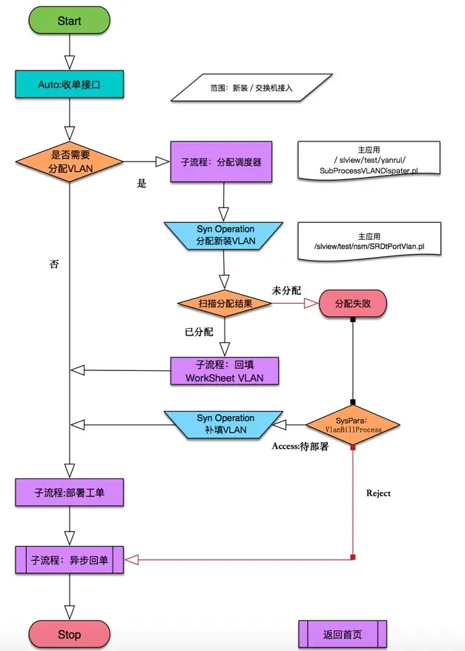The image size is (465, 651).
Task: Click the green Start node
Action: (x=69, y=21)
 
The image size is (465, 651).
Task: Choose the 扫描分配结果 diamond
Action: (x=223, y=304)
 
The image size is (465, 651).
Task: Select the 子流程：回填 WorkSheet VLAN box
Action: (x=224, y=371)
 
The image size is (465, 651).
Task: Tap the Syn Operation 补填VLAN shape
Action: (x=225, y=424)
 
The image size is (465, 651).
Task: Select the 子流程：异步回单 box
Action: (x=69, y=560)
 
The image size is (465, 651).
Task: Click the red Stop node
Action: (x=69, y=635)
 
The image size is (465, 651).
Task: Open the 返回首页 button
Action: (x=343, y=635)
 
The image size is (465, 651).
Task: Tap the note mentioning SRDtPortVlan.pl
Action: (x=369, y=241)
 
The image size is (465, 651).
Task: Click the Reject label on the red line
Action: (x=378, y=493)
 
